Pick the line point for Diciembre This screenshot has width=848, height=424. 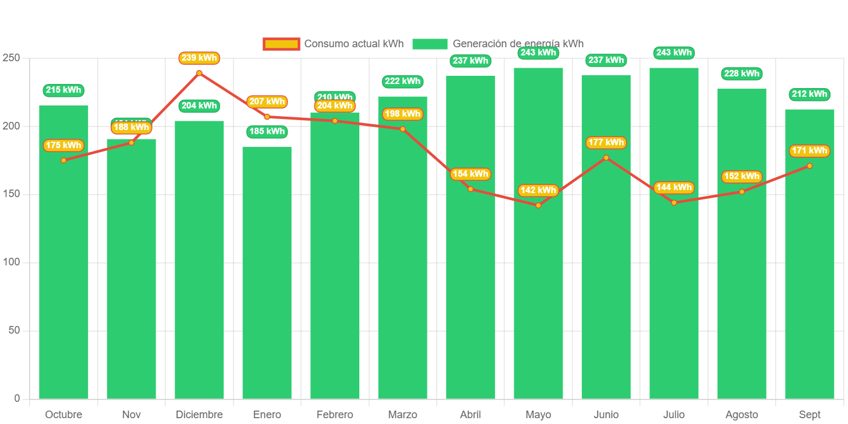199,73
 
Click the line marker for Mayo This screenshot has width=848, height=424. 538,205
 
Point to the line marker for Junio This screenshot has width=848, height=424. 606,157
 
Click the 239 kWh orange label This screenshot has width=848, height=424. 199,58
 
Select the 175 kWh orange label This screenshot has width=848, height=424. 63,145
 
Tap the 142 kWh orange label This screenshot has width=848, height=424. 538,190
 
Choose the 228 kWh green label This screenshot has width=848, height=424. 741,73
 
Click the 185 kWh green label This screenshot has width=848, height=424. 267,131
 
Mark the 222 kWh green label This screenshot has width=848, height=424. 402,81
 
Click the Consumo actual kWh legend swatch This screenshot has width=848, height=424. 281,44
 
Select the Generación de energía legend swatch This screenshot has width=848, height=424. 430,44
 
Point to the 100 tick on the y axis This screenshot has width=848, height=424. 11,262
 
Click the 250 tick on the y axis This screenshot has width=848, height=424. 11,58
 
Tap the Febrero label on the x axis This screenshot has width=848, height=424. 334,415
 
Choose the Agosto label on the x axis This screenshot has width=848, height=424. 741,415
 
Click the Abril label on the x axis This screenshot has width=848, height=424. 470,415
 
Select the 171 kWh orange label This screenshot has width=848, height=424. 810,150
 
